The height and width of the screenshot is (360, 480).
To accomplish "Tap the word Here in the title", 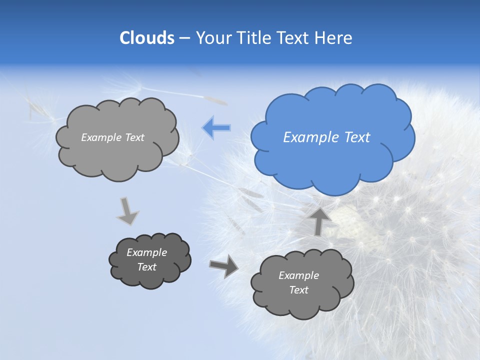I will [333, 38].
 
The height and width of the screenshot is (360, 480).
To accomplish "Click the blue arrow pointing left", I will [216, 127].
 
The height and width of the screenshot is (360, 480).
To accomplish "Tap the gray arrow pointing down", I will [127, 211].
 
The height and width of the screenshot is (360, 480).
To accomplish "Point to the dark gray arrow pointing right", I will [224, 265].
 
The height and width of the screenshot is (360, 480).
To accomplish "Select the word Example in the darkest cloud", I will [146, 252].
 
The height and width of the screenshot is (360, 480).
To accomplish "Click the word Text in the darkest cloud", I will [146, 267].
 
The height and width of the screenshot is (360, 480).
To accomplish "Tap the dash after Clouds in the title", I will [184, 38].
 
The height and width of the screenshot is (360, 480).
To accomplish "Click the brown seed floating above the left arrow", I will [215, 98].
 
